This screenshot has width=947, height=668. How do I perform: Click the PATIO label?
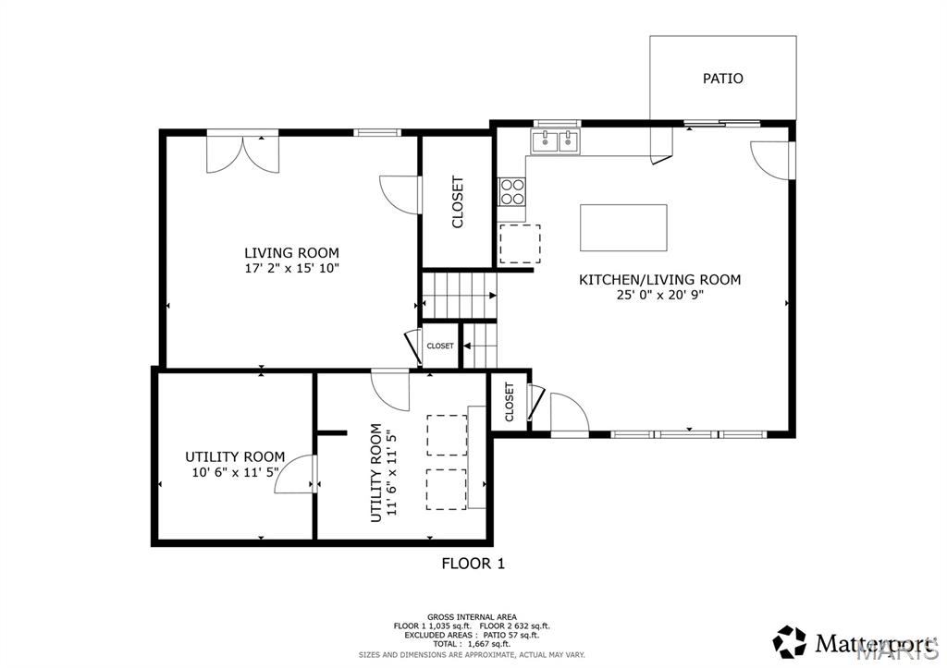coord(722,79)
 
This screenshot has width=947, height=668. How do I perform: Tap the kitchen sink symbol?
coord(555,140)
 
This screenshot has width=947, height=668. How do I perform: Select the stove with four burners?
coord(512,191)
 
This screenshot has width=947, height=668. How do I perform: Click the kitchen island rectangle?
coord(623,227)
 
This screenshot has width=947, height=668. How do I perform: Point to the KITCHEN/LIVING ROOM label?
coord(659,279)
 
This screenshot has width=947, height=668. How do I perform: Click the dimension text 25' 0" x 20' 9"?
coord(659,296)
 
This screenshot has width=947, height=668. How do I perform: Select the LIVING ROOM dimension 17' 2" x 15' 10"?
coord(291,269)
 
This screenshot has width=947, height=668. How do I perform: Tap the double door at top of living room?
coord(241,152)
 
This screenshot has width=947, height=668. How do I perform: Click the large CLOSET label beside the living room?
coord(457,202)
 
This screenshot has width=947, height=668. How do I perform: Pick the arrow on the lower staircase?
coord(468,346)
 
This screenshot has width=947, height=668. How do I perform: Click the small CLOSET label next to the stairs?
coord(440,346)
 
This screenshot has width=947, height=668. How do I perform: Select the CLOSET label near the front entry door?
coord(510,403)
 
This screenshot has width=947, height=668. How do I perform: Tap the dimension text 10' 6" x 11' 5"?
coord(235,473)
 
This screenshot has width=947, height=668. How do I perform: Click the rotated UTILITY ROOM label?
coord(376,472)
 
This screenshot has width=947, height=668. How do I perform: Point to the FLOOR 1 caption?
coord(473,563)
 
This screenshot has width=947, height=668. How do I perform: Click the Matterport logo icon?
coord(789,641)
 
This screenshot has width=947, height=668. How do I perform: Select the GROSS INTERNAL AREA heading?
coord(472,616)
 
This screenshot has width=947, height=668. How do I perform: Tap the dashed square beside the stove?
coord(513,243)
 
